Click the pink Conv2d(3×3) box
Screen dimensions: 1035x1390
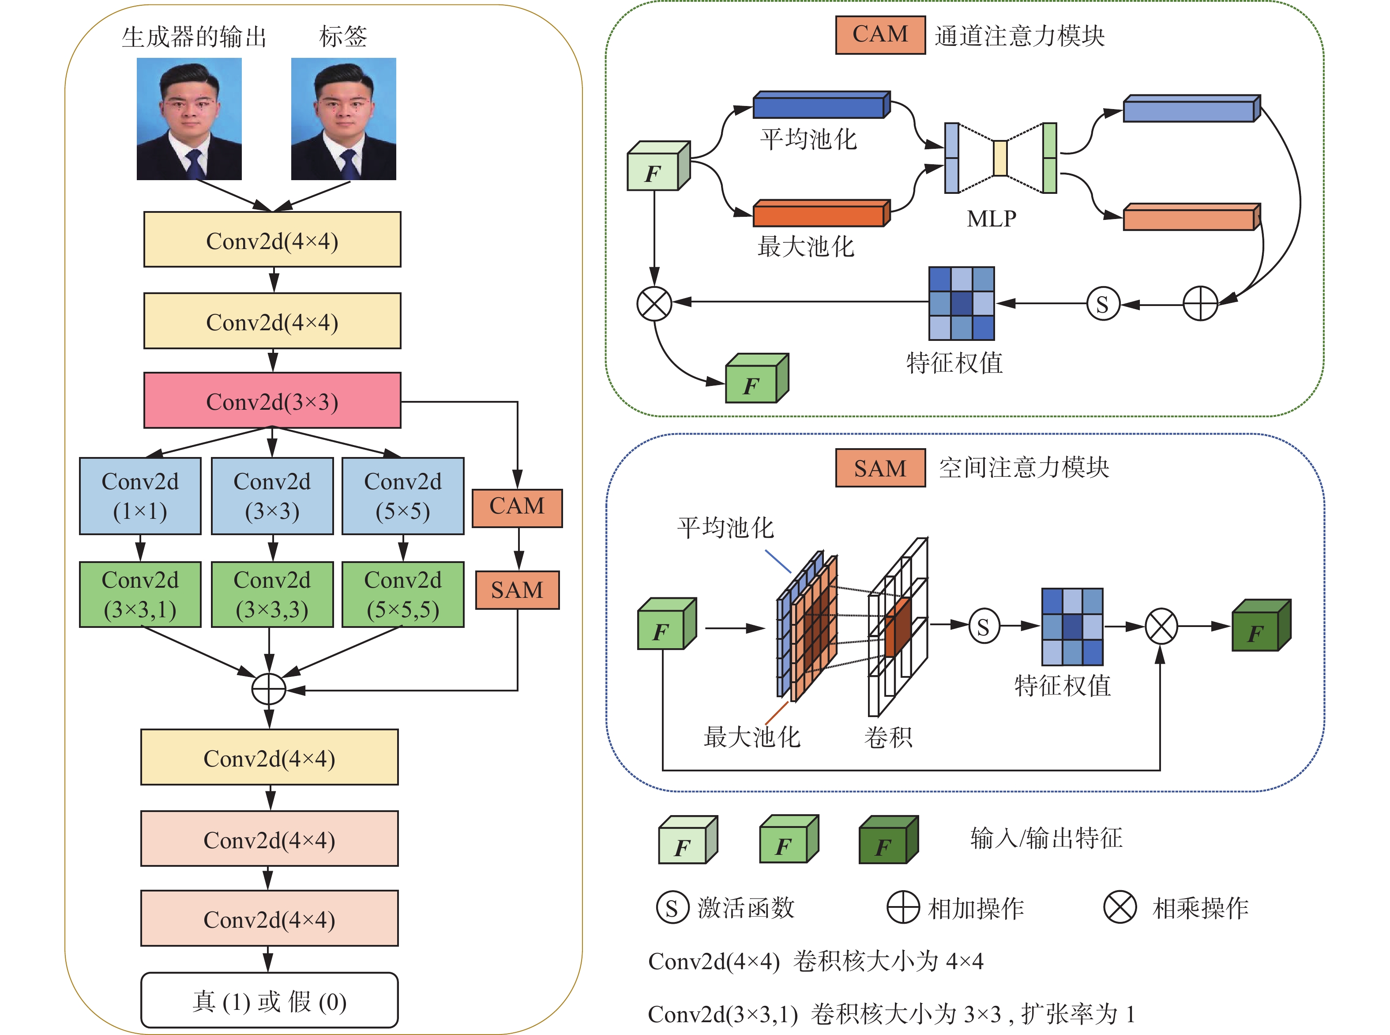coord(272,401)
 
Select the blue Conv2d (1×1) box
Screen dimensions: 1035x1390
coord(140,496)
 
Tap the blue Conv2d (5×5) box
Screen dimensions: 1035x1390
coord(402,496)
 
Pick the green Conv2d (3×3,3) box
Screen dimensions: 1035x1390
coord(272,595)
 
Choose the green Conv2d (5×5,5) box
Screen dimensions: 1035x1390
coord(402,595)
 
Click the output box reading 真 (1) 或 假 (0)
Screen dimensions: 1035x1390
coord(269,1001)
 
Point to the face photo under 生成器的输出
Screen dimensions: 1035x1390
coord(189,119)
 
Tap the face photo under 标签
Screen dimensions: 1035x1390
coord(343,119)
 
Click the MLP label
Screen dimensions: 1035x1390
coord(991,219)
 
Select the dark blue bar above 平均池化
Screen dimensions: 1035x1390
coord(821,105)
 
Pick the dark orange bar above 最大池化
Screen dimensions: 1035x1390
coord(821,214)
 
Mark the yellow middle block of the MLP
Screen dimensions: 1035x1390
coord(1000,158)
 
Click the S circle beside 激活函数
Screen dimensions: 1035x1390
coord(672,908)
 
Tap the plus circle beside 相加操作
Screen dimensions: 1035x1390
coord(903,907)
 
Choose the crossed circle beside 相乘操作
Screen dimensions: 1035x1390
coord(1120,907)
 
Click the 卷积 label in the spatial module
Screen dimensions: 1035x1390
coord(888,737)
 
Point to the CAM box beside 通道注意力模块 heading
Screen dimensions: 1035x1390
coord(880,34)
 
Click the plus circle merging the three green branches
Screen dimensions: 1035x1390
coord(269,690)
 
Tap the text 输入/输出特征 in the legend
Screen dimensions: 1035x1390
coord(1046,838)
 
